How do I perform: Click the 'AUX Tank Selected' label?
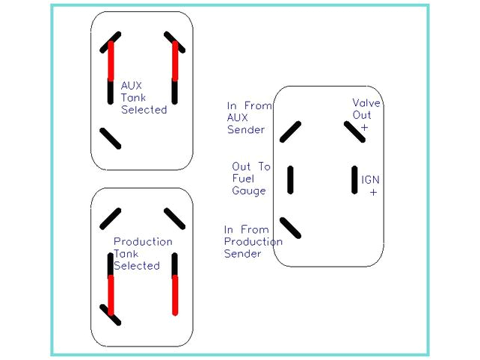[x=144, y=98]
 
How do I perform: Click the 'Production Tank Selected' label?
[x=142, y=253]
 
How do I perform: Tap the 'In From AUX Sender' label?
[x=249, y=117]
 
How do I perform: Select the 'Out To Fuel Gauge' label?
[x=250, y=179]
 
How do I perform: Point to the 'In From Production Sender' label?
[x=253, y=241]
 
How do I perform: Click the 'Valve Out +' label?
[x=366, y=115]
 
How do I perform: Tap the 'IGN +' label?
[x=371, y=185]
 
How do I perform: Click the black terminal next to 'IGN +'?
[x=356, y=179]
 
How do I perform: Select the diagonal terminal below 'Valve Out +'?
[x=354, y=132]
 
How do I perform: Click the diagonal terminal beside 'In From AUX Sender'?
[x=290, y=132]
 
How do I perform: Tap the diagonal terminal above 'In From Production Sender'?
[x=290, y=227]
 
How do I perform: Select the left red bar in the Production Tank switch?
[x=111, y=295]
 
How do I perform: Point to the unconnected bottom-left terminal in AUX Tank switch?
[x=111, y=138]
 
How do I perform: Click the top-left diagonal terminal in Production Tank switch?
[x=111, y=218]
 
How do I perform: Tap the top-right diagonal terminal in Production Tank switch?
[x=174, y=218]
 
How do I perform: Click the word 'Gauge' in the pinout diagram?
[x=249, y=191]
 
